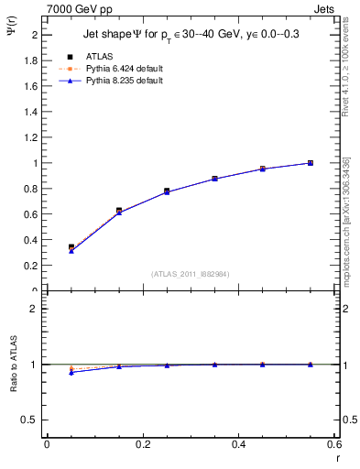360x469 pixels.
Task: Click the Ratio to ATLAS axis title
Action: [x=15, y=364]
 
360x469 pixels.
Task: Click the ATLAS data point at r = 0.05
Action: [x=71, y=247]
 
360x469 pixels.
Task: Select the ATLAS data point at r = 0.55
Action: [x=311, y=163]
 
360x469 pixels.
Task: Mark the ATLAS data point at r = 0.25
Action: [x=167, y=191]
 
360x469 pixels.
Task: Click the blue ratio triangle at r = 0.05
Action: [x=71, y=372]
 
